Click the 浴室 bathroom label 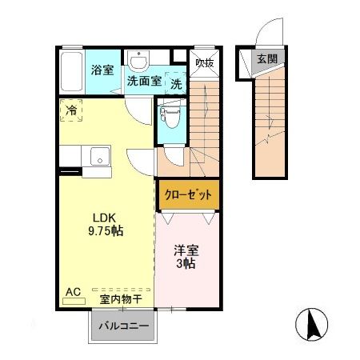(x=102, y=70)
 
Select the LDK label (x=102, y=217)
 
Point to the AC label (x=71, y=292)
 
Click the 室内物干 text (x=121, y=299)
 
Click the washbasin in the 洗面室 (x=141, y=62)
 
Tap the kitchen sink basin (x=99, y=155)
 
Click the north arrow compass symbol (x=313, y=324)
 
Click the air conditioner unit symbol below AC (x=73, y=302)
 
